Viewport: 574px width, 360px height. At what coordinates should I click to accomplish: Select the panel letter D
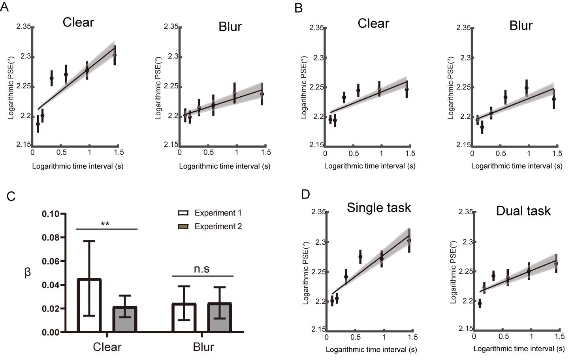pos(305,194)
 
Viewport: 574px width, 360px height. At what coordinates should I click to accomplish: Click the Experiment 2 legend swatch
pos(183,227)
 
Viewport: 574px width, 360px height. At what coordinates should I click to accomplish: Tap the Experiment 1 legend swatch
pos(183,213)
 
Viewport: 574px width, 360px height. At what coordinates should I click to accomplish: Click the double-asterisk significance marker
pos(105,225)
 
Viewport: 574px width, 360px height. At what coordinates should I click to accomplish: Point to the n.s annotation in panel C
pos(201,269)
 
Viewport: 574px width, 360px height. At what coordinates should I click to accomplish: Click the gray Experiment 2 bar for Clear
pos(125,319)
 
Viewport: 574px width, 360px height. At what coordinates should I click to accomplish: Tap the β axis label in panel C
pos(28,272)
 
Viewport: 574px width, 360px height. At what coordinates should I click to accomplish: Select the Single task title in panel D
pos(378,208)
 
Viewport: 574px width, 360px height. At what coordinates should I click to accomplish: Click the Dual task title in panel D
pos(523,211)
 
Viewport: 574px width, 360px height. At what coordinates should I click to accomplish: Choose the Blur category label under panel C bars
pos(203,347)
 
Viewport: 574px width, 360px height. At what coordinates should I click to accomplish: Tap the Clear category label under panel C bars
pos(107,347)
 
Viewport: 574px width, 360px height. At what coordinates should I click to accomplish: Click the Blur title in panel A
pos(230,27)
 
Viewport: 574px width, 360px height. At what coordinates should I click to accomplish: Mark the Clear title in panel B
pos(373,24)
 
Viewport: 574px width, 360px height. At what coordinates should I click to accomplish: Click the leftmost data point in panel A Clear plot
pos(38,124)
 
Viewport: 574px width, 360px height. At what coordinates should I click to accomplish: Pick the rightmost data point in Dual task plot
pos(556,264)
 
